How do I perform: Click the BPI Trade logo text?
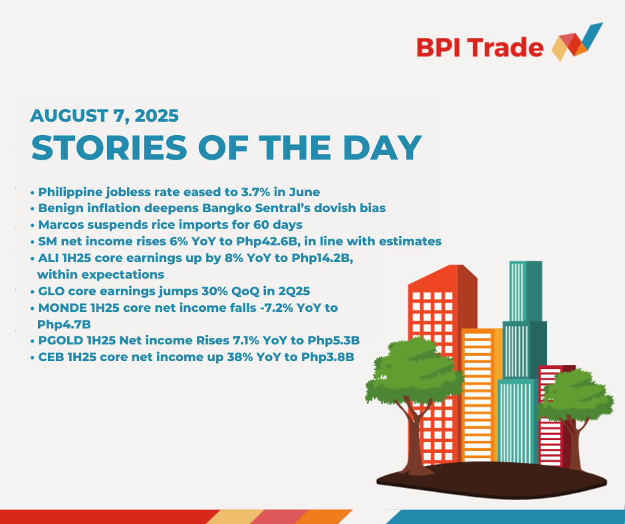[x=480, y=48]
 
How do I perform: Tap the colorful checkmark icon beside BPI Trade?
[x=577, y=42]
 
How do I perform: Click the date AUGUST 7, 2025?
[x=104, y=116]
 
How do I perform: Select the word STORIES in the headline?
[x=109, y=148]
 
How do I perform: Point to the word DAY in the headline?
[x=382, y=148]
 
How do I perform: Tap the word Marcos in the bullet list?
[x=61, y=225]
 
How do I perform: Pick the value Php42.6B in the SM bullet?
[x=271, y=241]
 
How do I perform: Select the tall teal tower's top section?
[x=525, y=291]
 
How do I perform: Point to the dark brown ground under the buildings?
[x=491, y=480]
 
